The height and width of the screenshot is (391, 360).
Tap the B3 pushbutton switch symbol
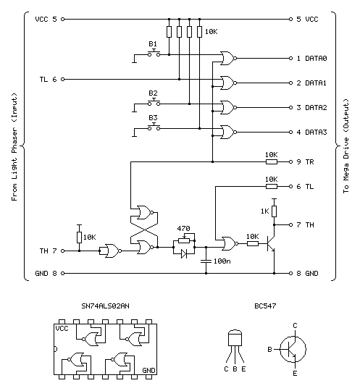[154, 127]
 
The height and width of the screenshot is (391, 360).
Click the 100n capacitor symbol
[206, 261]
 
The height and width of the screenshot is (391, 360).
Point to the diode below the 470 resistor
[184, 254]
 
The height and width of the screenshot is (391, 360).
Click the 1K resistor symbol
[275, 211]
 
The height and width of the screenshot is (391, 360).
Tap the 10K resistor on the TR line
[272, 162]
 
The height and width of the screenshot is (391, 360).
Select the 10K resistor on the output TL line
[272, 186]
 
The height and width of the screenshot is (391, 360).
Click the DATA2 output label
[316, 107]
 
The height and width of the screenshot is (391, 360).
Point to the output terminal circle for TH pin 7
[290, 224]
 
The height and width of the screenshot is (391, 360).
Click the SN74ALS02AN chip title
[105, 306]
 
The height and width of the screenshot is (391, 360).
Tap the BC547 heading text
[265, 306]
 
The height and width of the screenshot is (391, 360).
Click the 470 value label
[183, 228]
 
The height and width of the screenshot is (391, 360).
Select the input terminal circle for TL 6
[62, 80]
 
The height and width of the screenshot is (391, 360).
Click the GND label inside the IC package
[148, 371]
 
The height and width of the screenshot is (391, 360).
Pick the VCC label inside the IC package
[62, 329]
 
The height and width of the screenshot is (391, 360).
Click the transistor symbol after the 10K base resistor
[271, 243]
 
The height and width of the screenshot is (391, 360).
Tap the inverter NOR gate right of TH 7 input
[112, 251]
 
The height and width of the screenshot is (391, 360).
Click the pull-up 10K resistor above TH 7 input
[80, 237]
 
